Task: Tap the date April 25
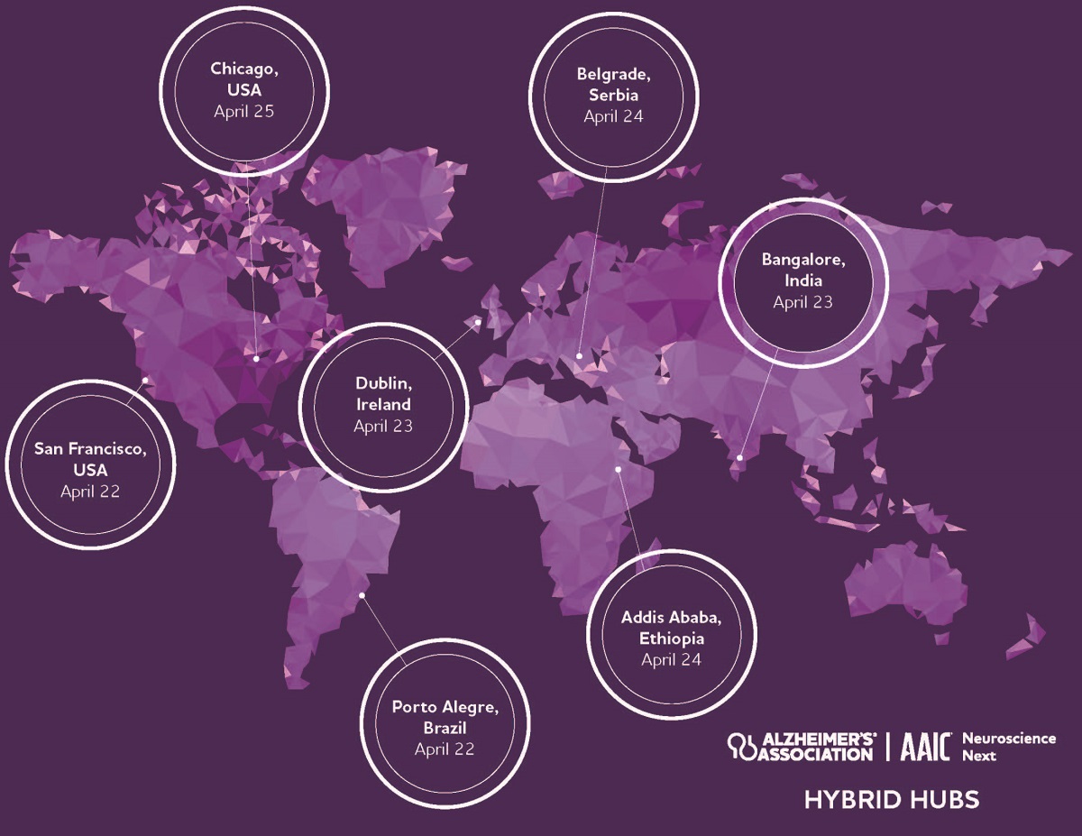pyautogui.click(x=243, y=112)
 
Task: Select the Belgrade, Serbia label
pyautogui.click(x=613, y=84)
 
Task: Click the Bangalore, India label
pyautogui.click(x=802, y=270)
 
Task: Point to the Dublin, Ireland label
pyautogui.click(x=382, y=393)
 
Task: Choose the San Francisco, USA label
pyautogui.click(x=89, y=458)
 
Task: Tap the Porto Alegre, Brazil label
pyautogui.click(x=445, y=716)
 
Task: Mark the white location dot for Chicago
pyautogui.click(x=256, y=358)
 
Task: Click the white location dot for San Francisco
pyautogui.click(x=145, y=380)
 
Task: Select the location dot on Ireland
pyautogui.click(x=478, y=321)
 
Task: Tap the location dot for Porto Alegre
pyautogui.click(x=362, y=594)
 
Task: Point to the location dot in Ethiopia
pyautogui.click(x=619, y=469)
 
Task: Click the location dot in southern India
pyautogui.click(x=739, y=458)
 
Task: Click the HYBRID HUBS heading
pyautogui.click(x=891, y=799)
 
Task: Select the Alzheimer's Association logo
pyautogui.click(x=802, y=745)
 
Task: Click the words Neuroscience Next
pyautogui.click(x=1008, y=747)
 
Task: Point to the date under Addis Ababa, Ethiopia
pyautogui.click(x=671, y=659)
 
